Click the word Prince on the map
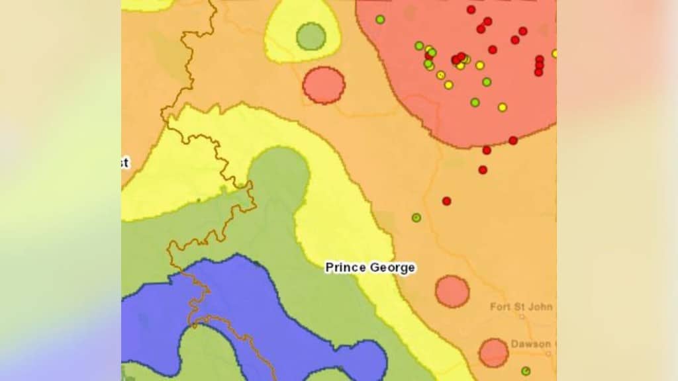344,268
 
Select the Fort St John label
521,307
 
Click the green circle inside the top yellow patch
311,36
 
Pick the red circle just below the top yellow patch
324,85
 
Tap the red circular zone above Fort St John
452,292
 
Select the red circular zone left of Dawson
493,353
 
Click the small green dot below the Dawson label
526,371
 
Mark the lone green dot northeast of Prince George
416,217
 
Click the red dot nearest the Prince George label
447,201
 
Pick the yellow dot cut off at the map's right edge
554,54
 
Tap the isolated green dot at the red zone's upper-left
380,19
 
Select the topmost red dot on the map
471,9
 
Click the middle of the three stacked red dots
539,65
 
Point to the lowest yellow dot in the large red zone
503,107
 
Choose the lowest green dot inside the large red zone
475,103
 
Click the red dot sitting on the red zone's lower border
513,140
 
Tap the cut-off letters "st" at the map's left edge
124,163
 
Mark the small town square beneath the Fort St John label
522,317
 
